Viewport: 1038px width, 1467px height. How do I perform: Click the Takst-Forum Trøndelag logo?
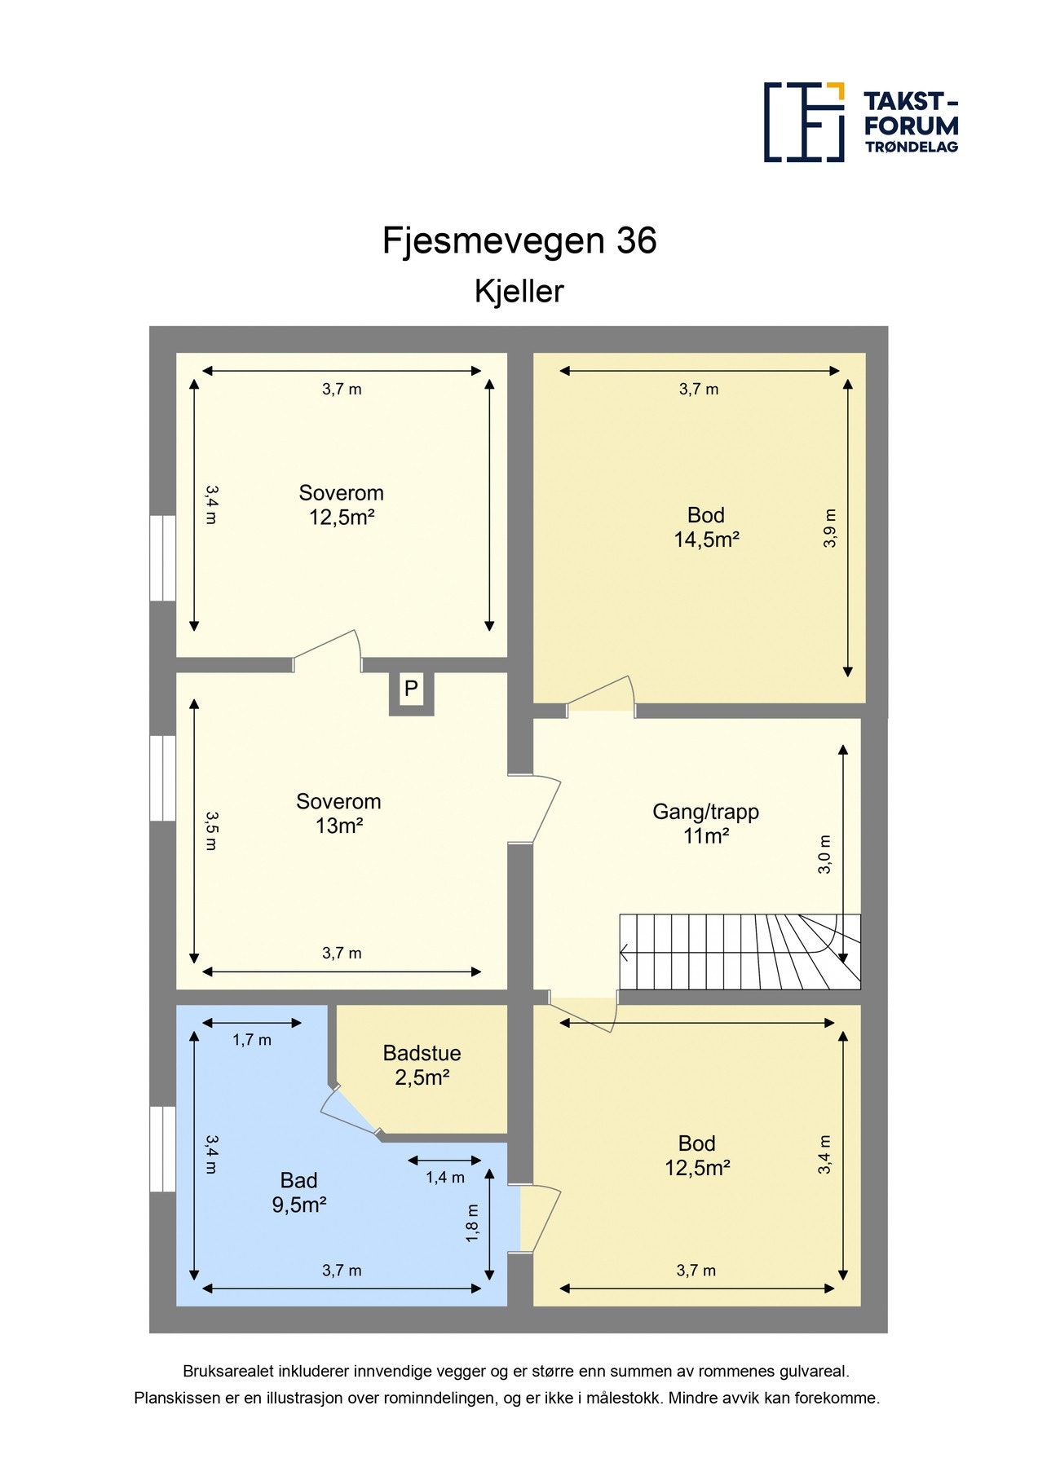861,121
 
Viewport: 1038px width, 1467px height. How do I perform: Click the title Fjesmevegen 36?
519,240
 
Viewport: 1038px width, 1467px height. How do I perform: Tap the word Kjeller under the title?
519,291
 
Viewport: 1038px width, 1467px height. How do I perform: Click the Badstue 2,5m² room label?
422,1065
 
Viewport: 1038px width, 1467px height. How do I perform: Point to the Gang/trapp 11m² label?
705,823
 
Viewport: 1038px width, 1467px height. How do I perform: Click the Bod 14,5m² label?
706,526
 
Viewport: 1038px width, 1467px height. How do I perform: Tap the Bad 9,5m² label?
299,1192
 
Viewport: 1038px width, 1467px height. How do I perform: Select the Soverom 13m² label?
338,813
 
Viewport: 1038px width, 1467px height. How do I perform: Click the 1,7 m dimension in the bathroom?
252,1040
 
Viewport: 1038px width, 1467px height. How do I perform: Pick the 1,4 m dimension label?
445,1178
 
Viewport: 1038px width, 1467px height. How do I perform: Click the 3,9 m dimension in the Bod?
830,528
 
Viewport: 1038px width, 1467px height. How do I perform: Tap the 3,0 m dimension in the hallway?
825,854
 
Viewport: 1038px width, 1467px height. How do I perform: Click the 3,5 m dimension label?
211,830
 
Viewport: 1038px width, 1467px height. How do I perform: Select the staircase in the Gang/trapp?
740,951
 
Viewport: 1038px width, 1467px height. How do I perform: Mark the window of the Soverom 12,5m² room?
163,557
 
